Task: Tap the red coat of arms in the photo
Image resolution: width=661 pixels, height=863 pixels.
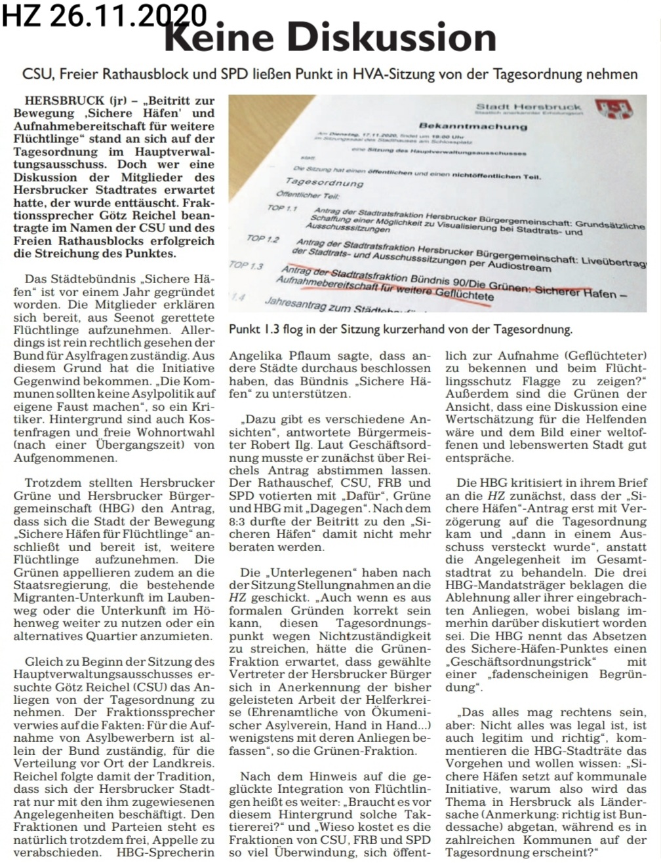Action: point(610,109)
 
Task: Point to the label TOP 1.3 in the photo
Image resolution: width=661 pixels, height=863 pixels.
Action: point(246,265)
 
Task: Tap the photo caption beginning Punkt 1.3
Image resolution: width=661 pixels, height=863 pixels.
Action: point(400,329)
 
